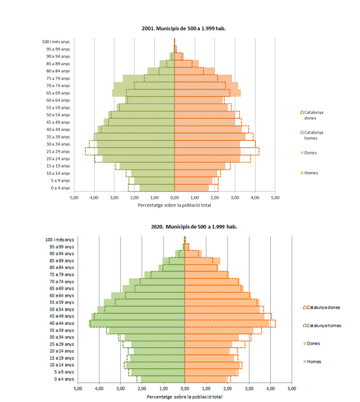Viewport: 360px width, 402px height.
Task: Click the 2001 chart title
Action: tap(180, 28)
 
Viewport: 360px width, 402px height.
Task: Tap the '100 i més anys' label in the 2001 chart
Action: tap(56, 42)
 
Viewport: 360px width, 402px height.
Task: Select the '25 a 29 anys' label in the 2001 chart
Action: tap(57, 151)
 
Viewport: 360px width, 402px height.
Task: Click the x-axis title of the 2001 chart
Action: tap(175, 205)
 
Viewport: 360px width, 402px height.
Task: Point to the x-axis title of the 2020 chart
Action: tap(184, 396)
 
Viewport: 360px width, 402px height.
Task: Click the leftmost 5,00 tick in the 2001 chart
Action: tap(74, 197)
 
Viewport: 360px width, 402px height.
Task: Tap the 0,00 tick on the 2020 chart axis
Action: tap(184, 388)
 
